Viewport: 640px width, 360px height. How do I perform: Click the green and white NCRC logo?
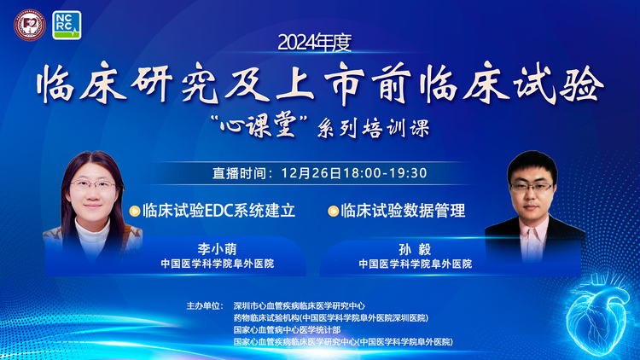pos(67,26)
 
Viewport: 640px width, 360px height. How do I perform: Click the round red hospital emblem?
pos(30,25)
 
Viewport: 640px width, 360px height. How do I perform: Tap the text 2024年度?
pos(315,43)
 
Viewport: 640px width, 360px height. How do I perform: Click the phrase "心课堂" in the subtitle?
pos(259,126)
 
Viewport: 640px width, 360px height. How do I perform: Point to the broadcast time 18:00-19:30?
pos(385,173)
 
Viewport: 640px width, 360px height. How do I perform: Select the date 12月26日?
pos(311,173)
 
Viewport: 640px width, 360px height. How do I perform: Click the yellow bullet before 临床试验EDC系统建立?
pos(135,211)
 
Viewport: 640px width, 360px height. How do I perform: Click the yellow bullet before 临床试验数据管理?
pos(333,211)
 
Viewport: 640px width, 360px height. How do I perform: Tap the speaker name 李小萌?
pos(217,248)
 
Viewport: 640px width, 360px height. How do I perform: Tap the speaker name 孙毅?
pos(415,249)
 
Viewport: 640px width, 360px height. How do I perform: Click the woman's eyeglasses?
pos(94,186)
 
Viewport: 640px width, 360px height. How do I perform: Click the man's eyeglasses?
pos(531,188)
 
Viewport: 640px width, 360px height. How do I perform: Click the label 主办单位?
pos(205,305)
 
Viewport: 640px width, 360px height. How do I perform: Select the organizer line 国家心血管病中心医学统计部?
pos(282,330)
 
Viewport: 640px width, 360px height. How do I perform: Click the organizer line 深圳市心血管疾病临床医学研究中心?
pos(300,305)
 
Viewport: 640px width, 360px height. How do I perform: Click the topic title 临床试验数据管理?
pos(403,211)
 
